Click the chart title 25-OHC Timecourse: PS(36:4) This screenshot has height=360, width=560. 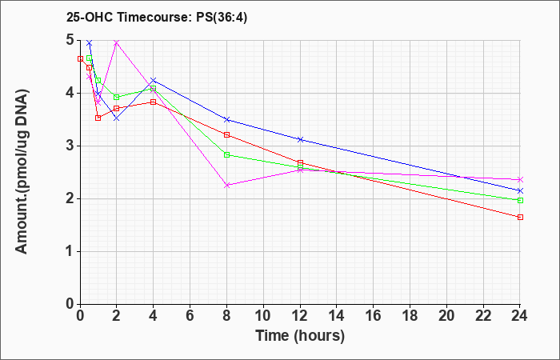[x=157, y=18]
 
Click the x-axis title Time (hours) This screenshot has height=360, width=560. [x=300, y=336]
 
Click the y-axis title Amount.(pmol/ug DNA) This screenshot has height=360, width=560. [x=22, y=172]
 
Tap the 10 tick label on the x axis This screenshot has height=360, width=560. [x=263, y=316]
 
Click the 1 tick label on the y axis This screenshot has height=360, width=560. [x=71, y=252]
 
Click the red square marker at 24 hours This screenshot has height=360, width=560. [x=520, y=217]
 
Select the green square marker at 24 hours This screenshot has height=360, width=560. [x=520, y=200]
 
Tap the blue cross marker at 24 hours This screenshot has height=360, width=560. [x=520, y=190]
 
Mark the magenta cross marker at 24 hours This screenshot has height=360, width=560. [x=520, y=180]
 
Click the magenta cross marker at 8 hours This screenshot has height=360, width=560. [x=226, y=186]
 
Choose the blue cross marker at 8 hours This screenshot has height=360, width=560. [x=226, y=120]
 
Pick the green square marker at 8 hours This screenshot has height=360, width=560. [x=226, y=155]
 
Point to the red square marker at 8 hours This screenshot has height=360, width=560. [x=226, y=134]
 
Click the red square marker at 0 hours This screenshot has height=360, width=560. [x=80, y=58]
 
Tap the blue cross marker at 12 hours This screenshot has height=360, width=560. [x=300, y=139]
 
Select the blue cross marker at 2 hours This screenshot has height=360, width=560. [x=117, y=118]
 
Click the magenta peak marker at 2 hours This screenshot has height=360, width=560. [x=117, y=43]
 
